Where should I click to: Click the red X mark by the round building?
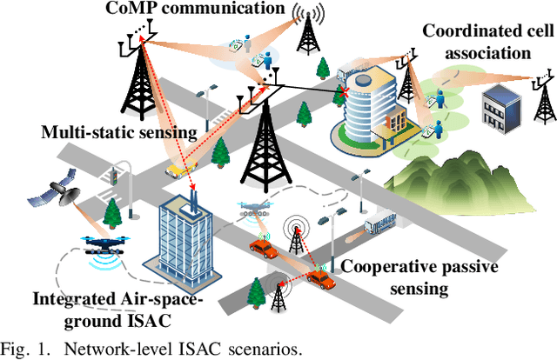coord(345,90)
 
